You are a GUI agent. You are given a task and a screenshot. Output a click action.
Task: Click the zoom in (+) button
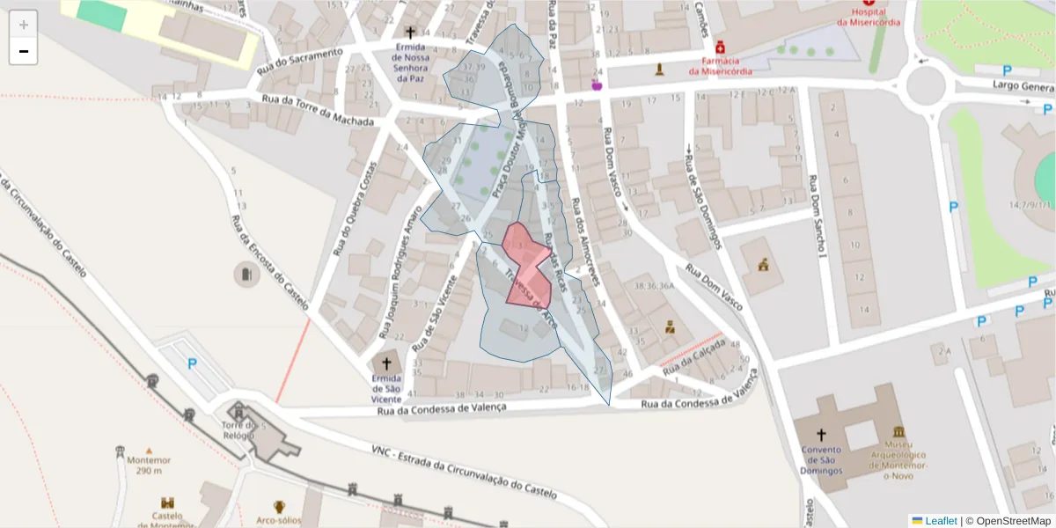click(x=24, y=24)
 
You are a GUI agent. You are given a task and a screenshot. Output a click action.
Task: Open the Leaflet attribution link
click(x=940, y=521)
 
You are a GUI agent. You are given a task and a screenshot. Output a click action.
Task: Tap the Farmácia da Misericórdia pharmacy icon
click(x=720, y=47)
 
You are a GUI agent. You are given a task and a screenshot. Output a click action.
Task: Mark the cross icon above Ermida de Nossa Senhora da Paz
click(x=410, y=32)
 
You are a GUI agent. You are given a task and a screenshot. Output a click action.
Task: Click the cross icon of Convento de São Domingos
click(x=821, y=434)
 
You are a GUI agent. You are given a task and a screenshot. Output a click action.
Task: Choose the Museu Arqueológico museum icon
click(x=898, y=432)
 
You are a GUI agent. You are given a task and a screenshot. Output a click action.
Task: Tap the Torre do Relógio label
click(x=238, y=431)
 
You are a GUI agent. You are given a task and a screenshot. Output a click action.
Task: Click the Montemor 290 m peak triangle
click(x=149, y=450)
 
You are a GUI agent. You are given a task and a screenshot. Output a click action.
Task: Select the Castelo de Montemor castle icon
click(x=167, y=502)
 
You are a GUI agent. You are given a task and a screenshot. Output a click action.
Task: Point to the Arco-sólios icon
click(x=279, y=507)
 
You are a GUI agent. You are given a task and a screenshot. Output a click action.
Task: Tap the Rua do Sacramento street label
click(x=299, y=61)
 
